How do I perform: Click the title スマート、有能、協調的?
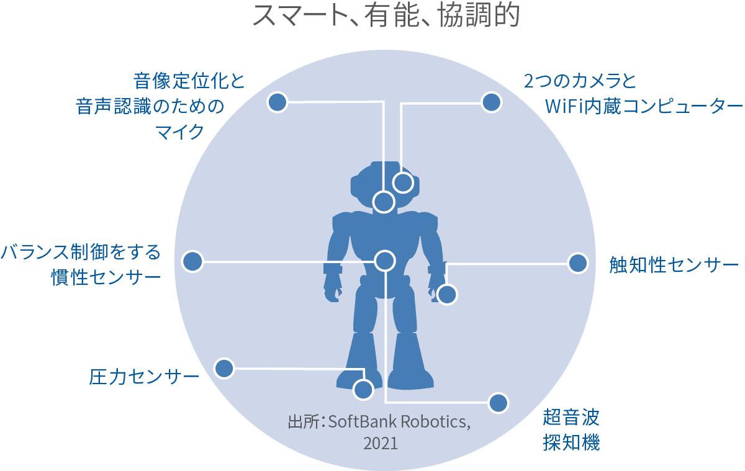point(386,16)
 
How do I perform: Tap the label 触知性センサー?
point(674,265)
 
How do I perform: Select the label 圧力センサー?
point(144,377)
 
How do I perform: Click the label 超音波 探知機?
point(571,430)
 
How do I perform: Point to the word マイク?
point(179,132)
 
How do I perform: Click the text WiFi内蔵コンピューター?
point(644,106)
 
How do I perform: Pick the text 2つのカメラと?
point(580,81)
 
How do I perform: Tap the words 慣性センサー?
point(106,277)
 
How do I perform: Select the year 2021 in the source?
point(381,444)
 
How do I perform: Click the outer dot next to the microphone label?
point(278,102)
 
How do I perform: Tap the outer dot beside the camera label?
point(491,102)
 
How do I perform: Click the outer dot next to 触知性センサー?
point(578,263)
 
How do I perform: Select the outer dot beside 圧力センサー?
point(224,368)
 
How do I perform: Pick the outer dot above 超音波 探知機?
point(499,403)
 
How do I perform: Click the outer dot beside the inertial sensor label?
point(193,261)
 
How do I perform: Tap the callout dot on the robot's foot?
point(363,390)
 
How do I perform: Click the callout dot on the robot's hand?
point(447,295)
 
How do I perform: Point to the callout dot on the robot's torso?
point(385,261)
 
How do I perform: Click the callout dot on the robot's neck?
point(384,202)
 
